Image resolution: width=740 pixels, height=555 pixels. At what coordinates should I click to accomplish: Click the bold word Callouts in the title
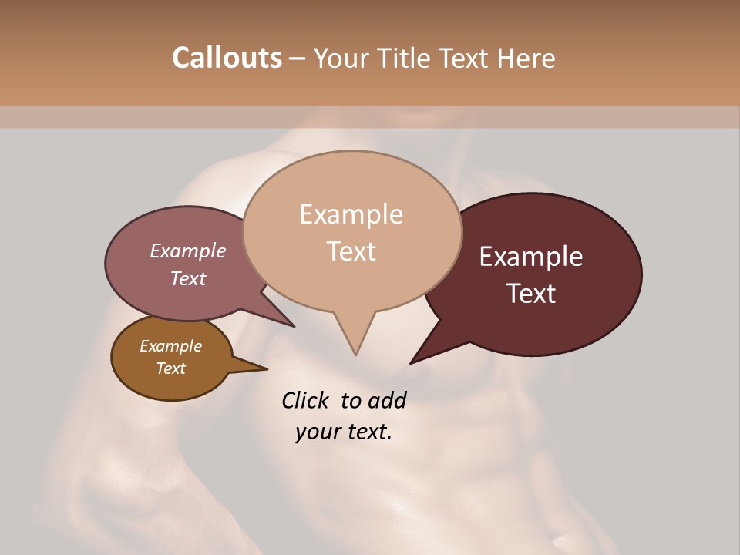(x=227, y=58)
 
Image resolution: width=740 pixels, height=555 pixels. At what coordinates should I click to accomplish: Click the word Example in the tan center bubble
(x=351, y=214)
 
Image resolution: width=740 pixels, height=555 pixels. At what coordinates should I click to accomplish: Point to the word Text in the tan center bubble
(x=351, y=251)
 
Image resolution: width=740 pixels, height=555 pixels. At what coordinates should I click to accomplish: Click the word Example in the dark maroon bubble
(x=531, y=257)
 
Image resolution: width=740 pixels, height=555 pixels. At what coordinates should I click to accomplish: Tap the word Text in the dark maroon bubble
(x=531, y=294)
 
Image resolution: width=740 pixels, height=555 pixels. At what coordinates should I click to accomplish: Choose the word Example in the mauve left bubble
(x=187, y=251)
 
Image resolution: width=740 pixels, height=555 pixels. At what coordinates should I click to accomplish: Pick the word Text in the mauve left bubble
(x=187, y=278)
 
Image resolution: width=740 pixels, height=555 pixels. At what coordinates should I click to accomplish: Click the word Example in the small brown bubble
(x=170, y=346)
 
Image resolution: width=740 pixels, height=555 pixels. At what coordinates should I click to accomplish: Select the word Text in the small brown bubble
(x=170, y=368)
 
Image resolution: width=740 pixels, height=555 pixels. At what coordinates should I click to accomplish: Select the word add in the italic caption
(x=388, y=400)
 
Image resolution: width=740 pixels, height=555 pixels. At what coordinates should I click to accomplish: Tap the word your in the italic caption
(x=316, y=432)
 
